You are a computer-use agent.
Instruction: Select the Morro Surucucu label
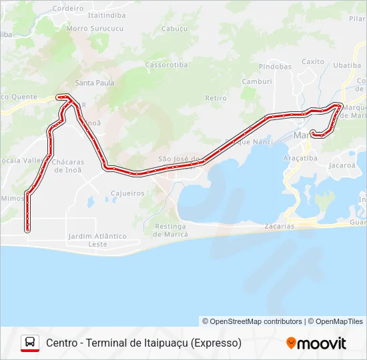click(95, 29)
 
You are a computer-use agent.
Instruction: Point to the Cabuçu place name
click(173, 29)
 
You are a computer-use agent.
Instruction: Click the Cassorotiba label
click(165, 65)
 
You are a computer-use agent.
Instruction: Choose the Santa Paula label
click(94, 83)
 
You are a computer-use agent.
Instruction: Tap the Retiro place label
click(216, 98)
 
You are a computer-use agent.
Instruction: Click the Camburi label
click(256, 81)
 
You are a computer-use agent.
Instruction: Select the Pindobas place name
click(276, 67)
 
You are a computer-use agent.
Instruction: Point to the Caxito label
click(313, 62)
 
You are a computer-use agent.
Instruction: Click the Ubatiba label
click(346, 65)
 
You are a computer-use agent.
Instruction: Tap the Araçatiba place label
click(300, 158)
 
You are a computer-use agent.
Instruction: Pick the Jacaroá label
click(342, 164)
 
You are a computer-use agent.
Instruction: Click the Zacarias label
click(279, 226)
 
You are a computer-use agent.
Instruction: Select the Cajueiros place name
click(127, 193)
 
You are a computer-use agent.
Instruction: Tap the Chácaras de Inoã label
click(67, 166)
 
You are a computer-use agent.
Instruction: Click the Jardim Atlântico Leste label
click(97, 240)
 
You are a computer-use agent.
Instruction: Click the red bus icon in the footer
click(30, 343)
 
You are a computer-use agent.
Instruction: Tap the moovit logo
click(316, 343)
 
